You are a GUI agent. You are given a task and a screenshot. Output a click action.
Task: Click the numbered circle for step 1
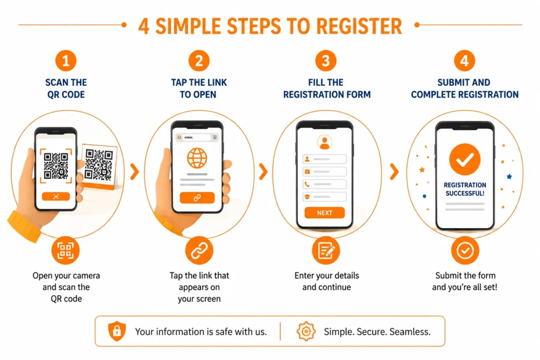click(x=66, y=61)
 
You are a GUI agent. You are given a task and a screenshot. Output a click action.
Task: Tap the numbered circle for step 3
click(x=325, y=61)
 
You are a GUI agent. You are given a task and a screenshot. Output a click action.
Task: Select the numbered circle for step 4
click(x=465, y=61)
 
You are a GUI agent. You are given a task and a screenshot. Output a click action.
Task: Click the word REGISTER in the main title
click(x=359, y=26)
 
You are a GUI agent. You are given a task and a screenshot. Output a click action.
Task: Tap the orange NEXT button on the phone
click(x=324, y=213)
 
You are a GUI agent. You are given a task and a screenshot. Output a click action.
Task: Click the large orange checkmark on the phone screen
click(x=465, y=159)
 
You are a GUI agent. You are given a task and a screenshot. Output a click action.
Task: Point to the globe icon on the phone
click(x=197, y=158)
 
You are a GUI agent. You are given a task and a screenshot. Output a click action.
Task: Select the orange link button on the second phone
click(x=197, y=198)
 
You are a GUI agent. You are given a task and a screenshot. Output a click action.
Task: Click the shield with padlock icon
click(x=117, y=331)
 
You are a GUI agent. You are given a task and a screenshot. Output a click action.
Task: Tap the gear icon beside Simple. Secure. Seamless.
click(x=306, y=332)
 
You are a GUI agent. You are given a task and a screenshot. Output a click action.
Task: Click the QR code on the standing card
click(x=99, y=165)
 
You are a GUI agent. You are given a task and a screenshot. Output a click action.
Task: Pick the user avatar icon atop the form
click(x=324, y=142)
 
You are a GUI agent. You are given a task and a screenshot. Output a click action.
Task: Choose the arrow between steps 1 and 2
click(x=134, y=171)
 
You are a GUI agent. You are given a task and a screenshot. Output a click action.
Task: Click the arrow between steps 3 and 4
click(x=394, y=171)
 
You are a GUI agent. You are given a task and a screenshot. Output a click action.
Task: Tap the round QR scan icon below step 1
click(x=65, y=250)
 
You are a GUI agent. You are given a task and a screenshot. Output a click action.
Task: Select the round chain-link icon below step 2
click(x=199, y=250)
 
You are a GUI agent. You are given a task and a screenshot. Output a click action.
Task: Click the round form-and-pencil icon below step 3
click(x=326, y=250)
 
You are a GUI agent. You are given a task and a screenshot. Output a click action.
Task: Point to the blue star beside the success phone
click(x=509, y=177)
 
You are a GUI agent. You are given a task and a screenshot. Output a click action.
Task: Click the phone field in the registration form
click(x=324, y=184)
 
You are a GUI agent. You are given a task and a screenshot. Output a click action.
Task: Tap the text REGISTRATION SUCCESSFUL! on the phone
click(x=465, y=189)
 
